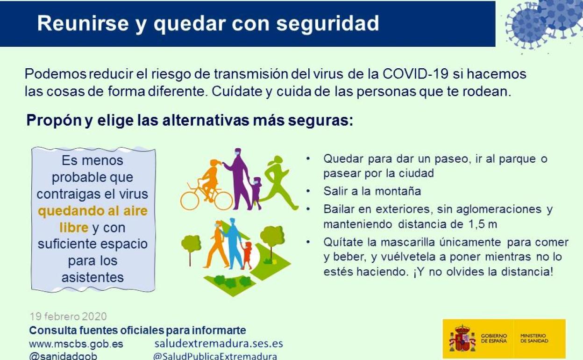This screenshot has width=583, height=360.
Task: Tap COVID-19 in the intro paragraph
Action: [415, 74]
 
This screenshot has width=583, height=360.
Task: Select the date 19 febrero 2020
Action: [68, 317]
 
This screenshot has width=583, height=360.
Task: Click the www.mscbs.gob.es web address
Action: [76, 344]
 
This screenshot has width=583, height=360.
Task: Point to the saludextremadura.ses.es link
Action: [219, 344]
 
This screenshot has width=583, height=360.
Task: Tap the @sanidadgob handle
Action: [63, 356]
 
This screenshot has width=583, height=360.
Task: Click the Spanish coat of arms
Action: [462, 338]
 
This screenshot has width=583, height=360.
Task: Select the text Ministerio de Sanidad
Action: [534, 338]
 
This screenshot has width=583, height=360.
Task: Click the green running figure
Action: [278, 182]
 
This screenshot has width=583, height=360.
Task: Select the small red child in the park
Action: [247, 256]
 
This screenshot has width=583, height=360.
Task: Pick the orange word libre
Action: [74, 227]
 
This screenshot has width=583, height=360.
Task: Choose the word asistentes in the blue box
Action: [92, 277]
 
